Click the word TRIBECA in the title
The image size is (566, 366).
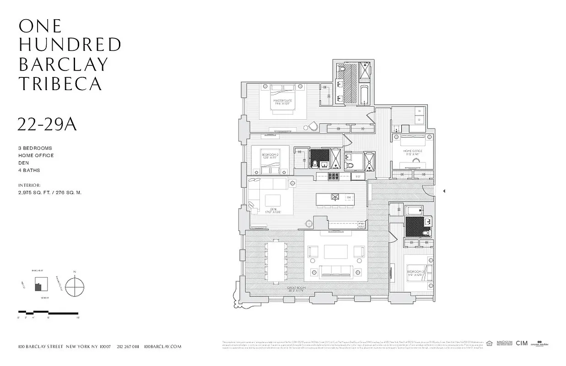click(60, 83)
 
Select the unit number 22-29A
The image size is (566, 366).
click(47, 124)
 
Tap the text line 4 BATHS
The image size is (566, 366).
click(29, 170)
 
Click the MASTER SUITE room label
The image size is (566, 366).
click(283, 102)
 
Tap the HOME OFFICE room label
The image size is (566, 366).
click(413, 152)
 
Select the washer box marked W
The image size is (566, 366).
click(420, 111)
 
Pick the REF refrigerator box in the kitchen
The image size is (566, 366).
click(358, 176)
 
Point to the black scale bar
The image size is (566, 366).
click(49, 312)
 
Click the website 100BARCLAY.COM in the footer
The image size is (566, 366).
click(162, 347)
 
